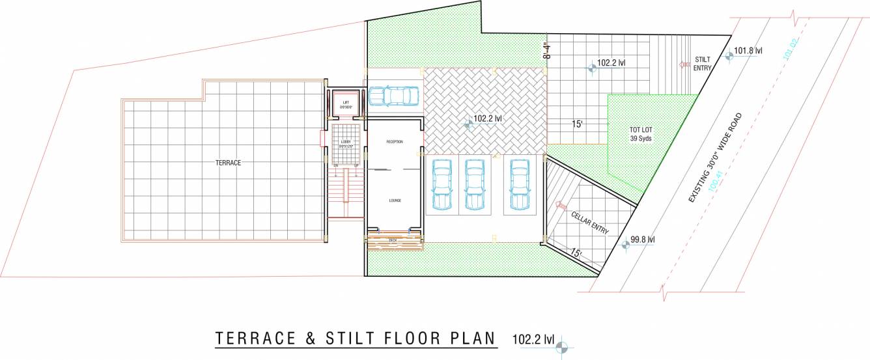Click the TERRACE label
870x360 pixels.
(x=229, y=163)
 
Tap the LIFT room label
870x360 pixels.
(x=346, y=103)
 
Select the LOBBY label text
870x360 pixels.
(x=345, y=143)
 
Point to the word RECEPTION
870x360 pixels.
(x=395, y=141)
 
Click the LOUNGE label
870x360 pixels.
(x=395, y=201)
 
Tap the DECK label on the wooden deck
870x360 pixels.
(x=393, y=240)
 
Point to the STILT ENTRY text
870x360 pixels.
(x=702, y=63)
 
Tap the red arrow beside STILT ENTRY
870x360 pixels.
(x=684, y=64)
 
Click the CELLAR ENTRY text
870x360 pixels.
(x=590, y=223)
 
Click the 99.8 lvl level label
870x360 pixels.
(x=642, y=240)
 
